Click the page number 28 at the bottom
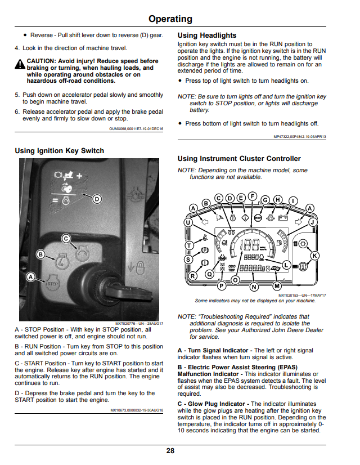tap(170, 451)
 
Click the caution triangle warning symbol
tap(20, 64)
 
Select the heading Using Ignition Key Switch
tap(59, 151)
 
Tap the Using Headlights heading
tap(207, 35)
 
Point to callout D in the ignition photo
tap(97, 199)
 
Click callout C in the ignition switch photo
tap(66, 239)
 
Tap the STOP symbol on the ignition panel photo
tap(53, 284)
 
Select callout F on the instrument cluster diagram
tap(253, 196)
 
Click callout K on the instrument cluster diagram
tap(314, 256)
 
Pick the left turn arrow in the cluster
tap(204, 222)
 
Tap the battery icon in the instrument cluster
tap(283, 218)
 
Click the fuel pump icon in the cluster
tap(279, 242)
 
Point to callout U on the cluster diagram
tap(188, 222)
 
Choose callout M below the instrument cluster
tap(277, 286)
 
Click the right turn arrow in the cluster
tap(299, 222)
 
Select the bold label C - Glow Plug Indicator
tap(211, 404)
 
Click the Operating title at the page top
tap(170, 19)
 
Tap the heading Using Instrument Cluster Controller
tap(239, 159)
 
